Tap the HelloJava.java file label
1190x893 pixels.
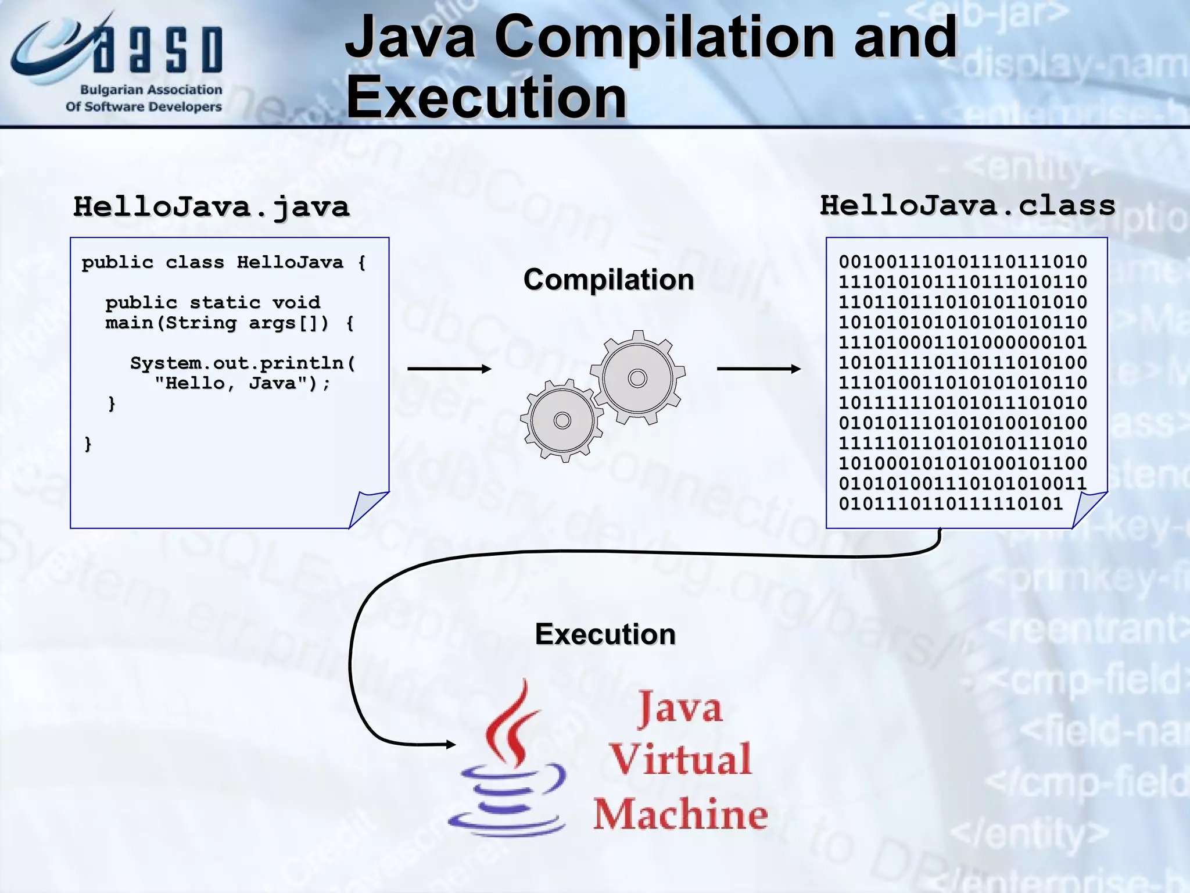click(212, 207)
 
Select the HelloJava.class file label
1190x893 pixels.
click(967, 205)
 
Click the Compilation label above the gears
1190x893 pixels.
click(608, 280)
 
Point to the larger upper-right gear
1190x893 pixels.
click(637, 378)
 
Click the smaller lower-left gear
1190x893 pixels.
click(562, 420)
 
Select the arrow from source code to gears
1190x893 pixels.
click(449, 369)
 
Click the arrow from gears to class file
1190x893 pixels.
click(758, 369)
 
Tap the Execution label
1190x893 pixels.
click(605, 634)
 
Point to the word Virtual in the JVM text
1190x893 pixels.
click(680, 759)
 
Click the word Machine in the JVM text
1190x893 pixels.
click(680, 814)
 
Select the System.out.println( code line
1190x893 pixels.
click(242, 363)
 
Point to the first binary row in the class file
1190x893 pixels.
click(963, 262)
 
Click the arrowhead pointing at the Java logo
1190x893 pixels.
click(450, 744)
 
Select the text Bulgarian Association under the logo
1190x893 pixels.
click(151, 90)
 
